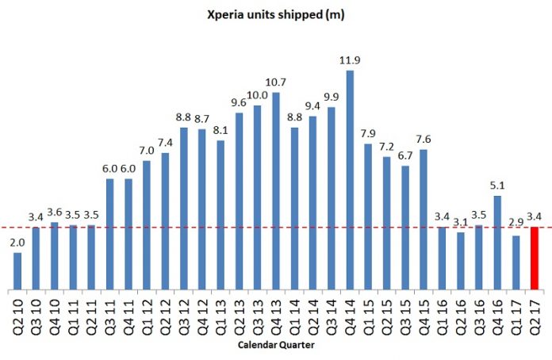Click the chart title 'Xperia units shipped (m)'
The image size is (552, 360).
pyautogui.click(x=276, y=13)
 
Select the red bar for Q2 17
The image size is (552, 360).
pyautogui.click(x=535, y=258)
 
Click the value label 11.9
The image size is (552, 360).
pyautogui.click(x=350, y=61)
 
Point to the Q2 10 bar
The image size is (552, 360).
pyautogui.click(x=17, y=270)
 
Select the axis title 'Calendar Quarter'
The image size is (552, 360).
pyautogui.click(x=275, y=347)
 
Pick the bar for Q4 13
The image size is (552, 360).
pyautogui.click(x=276, y=190)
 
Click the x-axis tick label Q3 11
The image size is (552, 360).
pyautogui.click(x=110, y=315)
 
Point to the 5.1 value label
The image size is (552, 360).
pyautogui.click(x=497, y=186)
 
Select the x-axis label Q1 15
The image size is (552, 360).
pyautogui.click(x=368, y=315)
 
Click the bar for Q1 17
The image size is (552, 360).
pyautogui.click(x=516, y=262)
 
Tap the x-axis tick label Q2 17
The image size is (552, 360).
pyautogui.click(x=535, y=315)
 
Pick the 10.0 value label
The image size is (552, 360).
pyautogui.click(x=257, y=96)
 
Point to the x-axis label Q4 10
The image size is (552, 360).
pyautogui.click(x=55, y=315)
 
